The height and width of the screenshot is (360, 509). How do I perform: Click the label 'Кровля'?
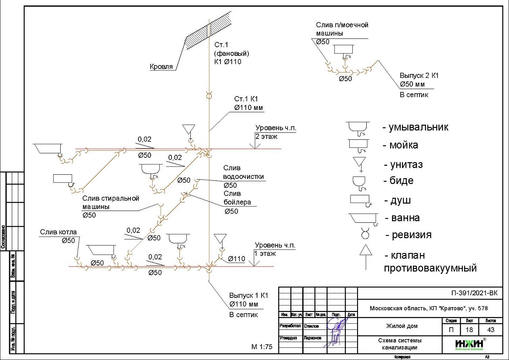pos(162,67)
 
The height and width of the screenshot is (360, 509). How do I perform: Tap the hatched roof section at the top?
pos(199,34)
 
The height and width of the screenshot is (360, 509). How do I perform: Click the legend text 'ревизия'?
pos(409,235)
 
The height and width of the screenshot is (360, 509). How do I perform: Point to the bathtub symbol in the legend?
pos(363,218)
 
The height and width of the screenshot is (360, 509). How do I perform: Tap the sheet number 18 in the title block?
pos(468,330)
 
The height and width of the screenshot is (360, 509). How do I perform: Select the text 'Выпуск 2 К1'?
pos(419,75)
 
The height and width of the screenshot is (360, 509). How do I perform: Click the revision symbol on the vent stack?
pos(209,94)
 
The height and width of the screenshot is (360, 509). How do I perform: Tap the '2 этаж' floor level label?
pos(267,136)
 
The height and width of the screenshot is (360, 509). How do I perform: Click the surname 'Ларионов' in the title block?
pos(312,338)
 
